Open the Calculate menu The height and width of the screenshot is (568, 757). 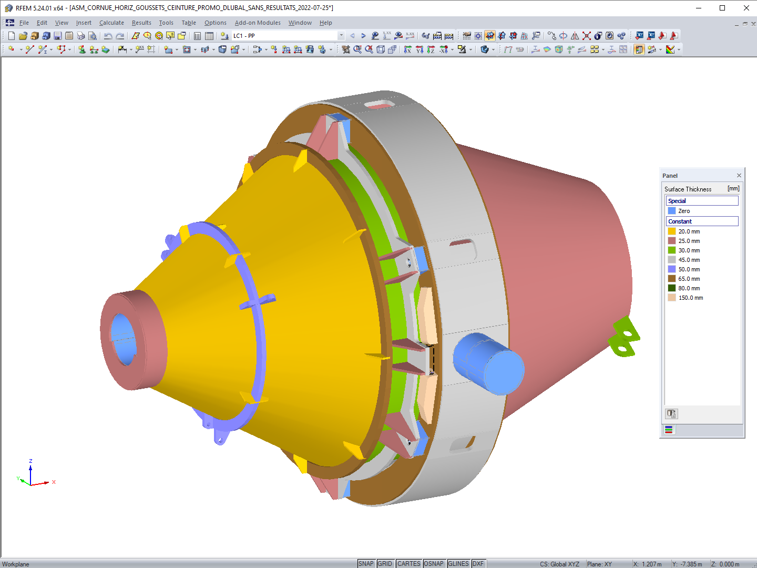(x=111, y=23)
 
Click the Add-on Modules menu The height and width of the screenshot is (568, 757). (x=258, y=23)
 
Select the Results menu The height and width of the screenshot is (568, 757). (x=141, y=23)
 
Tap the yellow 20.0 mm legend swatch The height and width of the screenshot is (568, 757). (x=672, y=231)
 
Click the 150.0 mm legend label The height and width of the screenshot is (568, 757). (x=690, y=298)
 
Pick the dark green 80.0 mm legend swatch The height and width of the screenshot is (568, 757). (x=672, y=288)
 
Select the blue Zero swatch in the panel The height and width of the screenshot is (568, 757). (x=672, y=211)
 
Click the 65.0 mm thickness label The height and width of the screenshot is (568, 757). (x=689, y=279)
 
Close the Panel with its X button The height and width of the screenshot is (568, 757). (x=739, y=176)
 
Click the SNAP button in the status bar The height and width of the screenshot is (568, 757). (x=366, y=564)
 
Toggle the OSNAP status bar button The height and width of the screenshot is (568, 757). (x=434, y=564)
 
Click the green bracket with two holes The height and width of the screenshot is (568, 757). (x=625, y=337)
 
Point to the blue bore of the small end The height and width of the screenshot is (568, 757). (x=123, y=339)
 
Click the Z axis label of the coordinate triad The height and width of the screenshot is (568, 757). (x=30, y=461)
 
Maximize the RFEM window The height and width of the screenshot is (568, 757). (x=722, y=8)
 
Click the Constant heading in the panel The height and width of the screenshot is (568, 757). (x=680, y=221)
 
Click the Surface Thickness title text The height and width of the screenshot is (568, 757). (x=688, y=189)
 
